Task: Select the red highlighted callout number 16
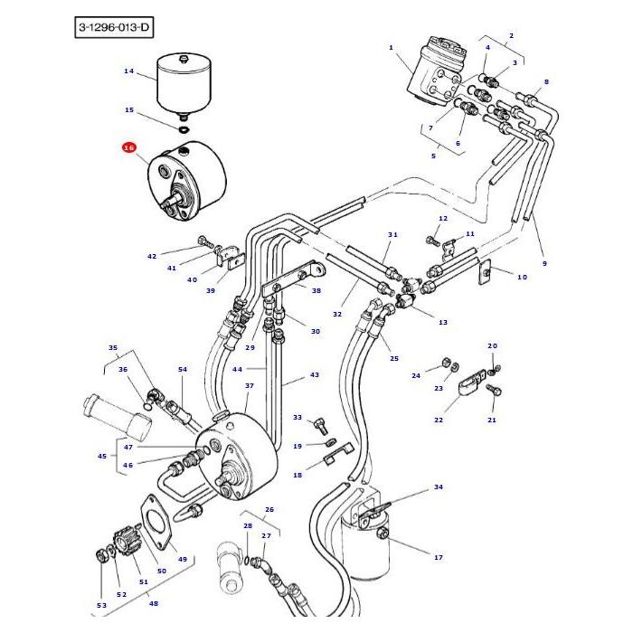point(128,147)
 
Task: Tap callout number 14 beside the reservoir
point(128,71)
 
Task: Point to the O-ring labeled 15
point(184,128)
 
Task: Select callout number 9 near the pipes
point(544,263)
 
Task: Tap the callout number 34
point(438,487)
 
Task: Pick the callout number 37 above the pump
point(250,385)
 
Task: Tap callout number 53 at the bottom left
point(101,605)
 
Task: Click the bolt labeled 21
point(494,391)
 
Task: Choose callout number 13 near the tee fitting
point(442,322)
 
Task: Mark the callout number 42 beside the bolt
point(152,257)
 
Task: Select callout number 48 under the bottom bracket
point(154,603)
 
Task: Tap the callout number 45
point(102,456)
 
